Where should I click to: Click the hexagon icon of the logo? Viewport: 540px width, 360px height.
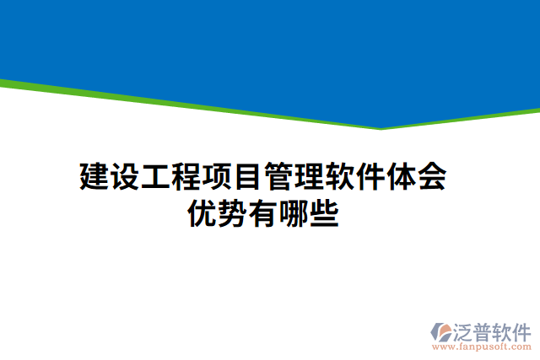coord(443,330)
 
